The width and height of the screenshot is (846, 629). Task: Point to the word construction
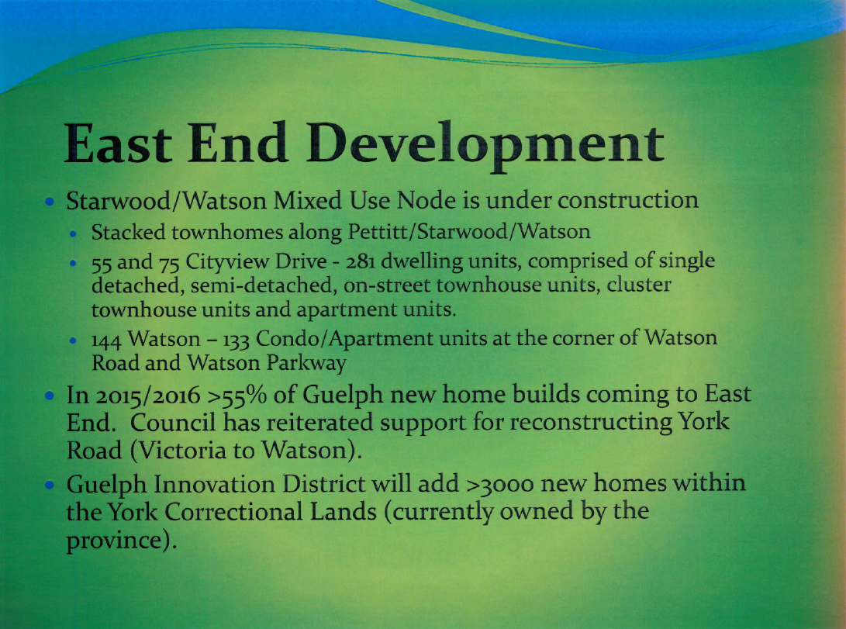tap(628, 200)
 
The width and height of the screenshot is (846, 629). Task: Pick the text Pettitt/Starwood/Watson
tap(469, 231)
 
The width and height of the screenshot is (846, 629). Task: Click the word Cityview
tap(227, 262)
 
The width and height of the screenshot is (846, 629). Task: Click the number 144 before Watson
tap(107, 340)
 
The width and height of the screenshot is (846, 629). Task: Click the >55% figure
tap(237, 395)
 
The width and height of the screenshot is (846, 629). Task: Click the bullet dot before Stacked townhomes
tap(74, 233)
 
